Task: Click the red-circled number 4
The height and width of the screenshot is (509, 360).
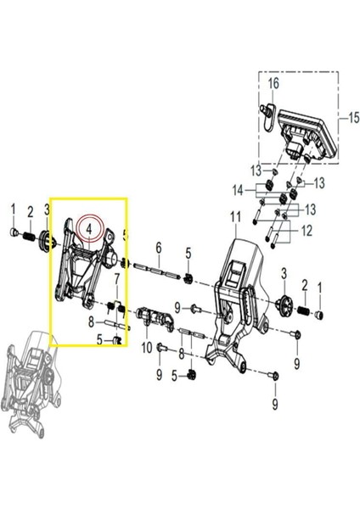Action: [x=87, y=228]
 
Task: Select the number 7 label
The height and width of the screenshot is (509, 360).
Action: [x=116, y=279]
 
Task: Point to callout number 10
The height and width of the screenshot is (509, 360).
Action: [x=146, y=347]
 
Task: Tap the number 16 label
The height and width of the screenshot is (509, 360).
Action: [x=274, y=83]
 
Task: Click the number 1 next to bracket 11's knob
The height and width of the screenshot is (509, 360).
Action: [x=319, y=288]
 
